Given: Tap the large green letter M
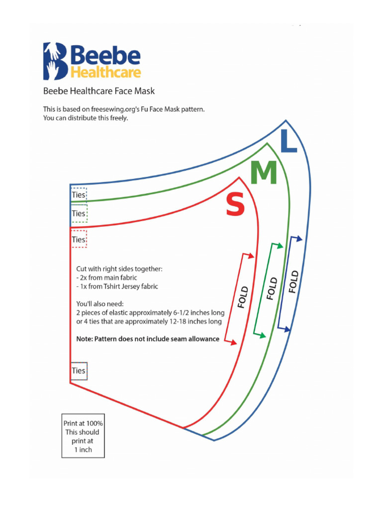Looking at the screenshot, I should pos(263,173).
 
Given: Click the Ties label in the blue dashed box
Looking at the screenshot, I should pos(79,195).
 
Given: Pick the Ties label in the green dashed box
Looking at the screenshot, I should pos(79,213).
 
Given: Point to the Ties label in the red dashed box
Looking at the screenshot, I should pos(79,239).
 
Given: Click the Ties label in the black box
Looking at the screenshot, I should pos(79,371).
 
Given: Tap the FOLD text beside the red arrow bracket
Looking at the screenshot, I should pos(243,297).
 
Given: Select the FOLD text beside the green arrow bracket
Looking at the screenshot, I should pos(272,289).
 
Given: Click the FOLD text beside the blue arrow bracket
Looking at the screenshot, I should pos(294,282).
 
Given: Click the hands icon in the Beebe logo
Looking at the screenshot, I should pos(54,61).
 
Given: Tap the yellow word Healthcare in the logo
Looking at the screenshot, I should pos(105,72).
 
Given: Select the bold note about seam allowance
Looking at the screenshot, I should pos(148,339).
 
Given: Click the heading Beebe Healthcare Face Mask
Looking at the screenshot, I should pos(99,91).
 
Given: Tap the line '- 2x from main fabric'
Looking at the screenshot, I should pos(106,277).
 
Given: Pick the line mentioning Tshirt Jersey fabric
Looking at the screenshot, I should pos(117,286).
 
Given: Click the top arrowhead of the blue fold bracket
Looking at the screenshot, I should pos(299,239).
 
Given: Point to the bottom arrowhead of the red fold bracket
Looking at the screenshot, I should pos(233,342).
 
